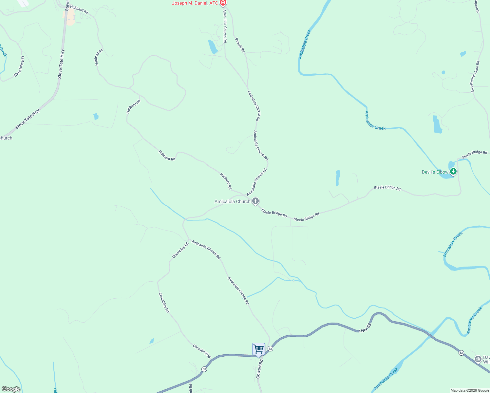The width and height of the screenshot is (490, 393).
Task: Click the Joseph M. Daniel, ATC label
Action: (195, 3)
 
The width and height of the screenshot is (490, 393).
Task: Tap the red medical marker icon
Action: (223, 3)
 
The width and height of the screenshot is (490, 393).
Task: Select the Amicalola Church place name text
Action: (232, 201)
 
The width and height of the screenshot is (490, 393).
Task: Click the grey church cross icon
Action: (255, 201)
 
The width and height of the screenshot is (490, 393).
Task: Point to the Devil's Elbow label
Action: (435, 172)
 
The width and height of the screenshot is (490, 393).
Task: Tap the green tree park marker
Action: (453, 171)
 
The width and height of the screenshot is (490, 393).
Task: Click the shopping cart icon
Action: (258, 349)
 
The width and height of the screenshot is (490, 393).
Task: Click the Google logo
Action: (11, 389)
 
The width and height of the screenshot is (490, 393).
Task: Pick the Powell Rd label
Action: (240, 45)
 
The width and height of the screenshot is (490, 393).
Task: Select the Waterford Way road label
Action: (19, 66)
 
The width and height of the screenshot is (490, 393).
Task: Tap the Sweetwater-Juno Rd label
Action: (475, 76)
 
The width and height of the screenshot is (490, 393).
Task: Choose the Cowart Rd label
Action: (259, 369)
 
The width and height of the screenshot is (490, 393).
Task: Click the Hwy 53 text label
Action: (365, 328)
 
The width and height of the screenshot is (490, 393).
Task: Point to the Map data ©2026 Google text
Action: (469, 390)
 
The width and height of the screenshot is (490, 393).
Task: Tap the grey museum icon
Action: (478, 360)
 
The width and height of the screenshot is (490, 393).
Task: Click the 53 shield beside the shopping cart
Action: (270, 348)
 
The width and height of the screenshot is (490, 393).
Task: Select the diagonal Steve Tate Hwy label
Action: (28, 119)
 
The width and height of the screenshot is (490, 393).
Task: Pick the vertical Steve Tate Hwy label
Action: (61, 64)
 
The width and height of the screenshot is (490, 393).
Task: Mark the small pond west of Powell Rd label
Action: (212, 47)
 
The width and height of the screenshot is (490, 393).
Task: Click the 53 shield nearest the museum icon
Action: (461, 353)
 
